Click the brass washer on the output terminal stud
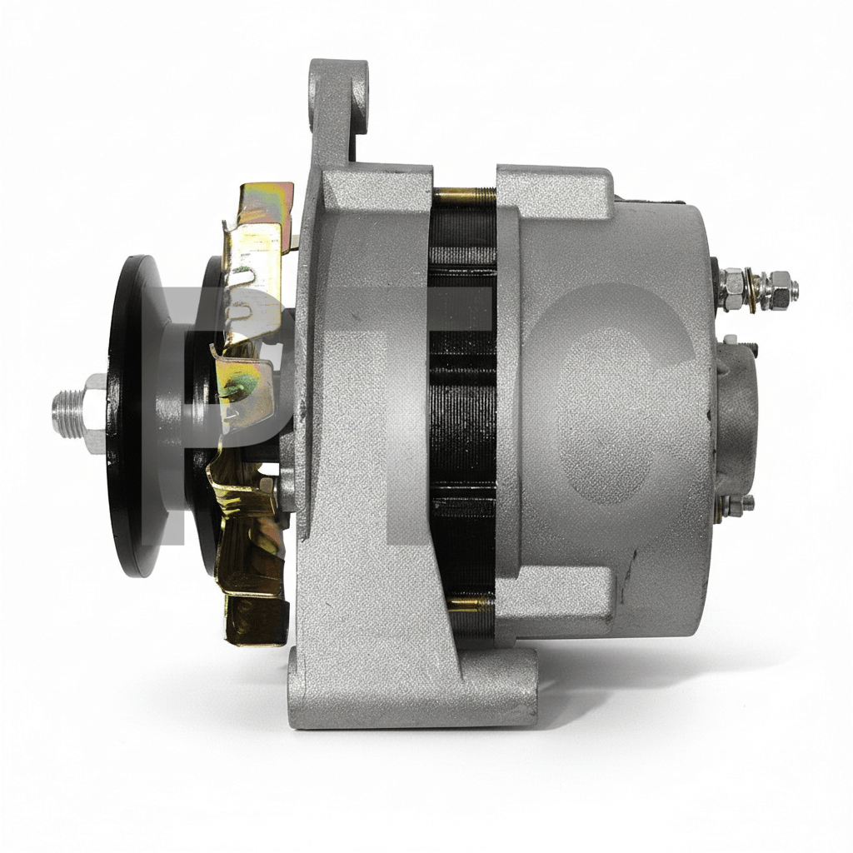coord(752,291)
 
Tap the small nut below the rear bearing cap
coord(735,506)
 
